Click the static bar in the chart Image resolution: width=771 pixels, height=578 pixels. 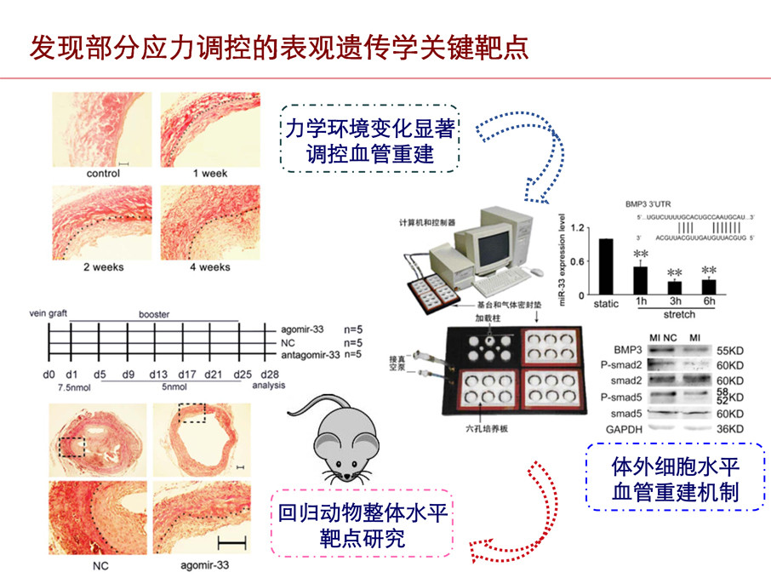click(606, 266)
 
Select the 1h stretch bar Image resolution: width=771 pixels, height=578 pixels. click(640, 280)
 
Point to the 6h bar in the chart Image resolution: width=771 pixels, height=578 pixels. click(709, 286)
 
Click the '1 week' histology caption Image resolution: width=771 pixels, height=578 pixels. click(209, 174)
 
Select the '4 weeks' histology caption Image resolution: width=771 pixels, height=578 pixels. click(209, 267)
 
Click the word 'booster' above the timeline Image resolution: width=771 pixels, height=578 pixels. click(154, 314)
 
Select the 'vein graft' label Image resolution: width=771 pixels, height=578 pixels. click(49, 314)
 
